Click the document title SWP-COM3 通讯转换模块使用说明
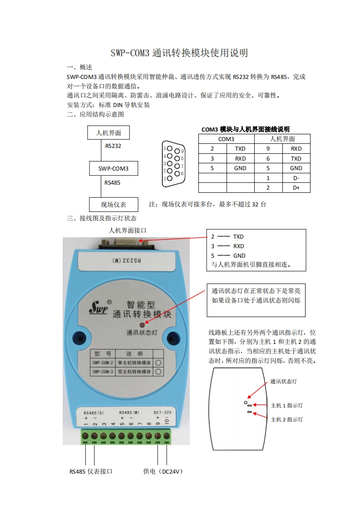(x=180, y=53)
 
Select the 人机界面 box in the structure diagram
(x=108, y=133)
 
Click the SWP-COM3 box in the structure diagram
(x=113, y=169)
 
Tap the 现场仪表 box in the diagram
(x=113, y=205)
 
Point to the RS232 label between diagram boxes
(x=113, y=146)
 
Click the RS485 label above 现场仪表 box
(x=112, y=183)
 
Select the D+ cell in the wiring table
(x=296, y=188)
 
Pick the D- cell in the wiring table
(x=296, y=178)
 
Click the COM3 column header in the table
(x=226, y=139)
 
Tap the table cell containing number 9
(x=268, y=149)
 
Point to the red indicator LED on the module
(x=142, y=325)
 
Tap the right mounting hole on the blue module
(x=172, y=338)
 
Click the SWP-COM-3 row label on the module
(x=103, y=372)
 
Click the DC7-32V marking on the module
(x=162, y=412)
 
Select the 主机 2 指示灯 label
(x=286, y=420)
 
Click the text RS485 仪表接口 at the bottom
(x=91, y=472)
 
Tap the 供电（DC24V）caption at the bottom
(x=163, y=472)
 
